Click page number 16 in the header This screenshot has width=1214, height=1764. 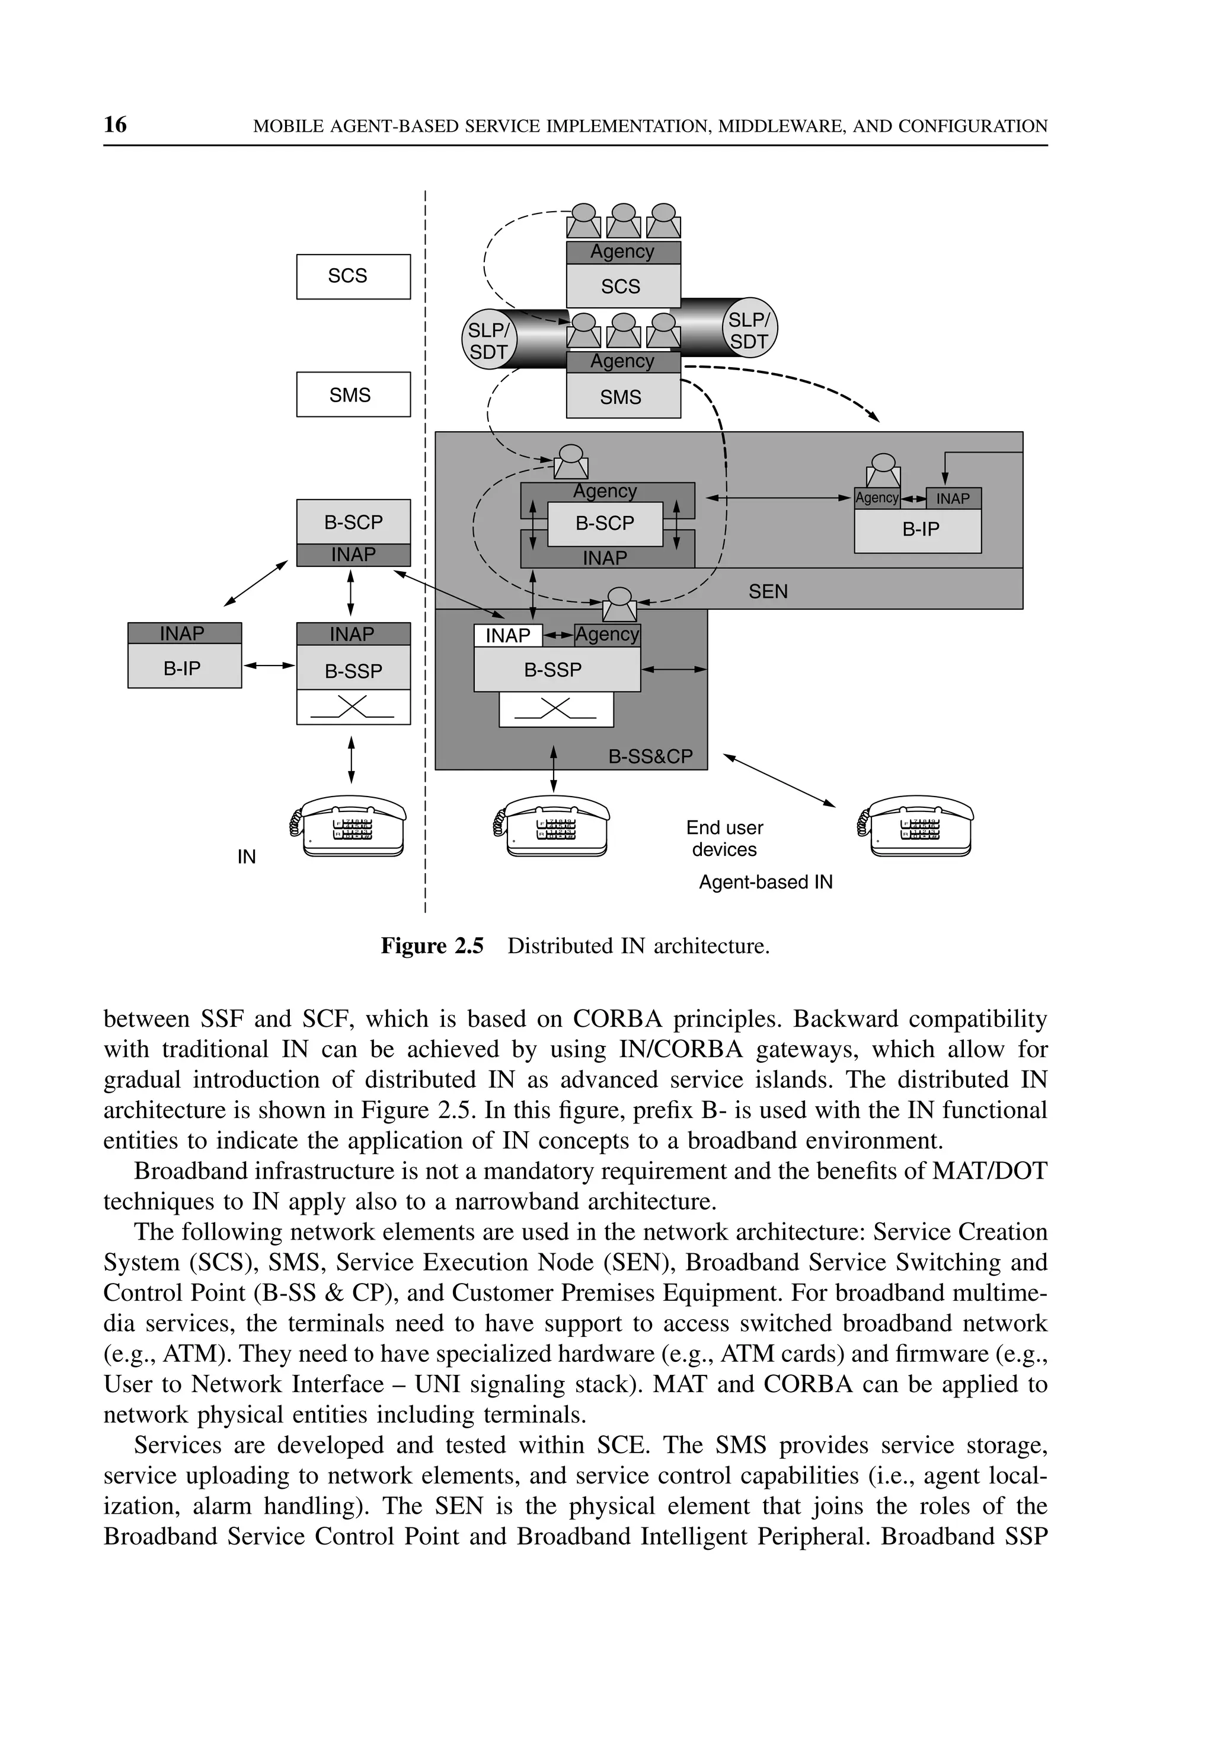(116, 125)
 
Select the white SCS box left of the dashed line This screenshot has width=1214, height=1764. (353, 276)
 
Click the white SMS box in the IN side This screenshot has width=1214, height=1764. (353, 394)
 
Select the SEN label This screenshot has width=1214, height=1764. (768, 591)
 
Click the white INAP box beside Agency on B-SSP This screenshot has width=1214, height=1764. (507, 635)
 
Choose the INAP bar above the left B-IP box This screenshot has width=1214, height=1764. (184, 633)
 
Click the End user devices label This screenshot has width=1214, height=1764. (724, 838)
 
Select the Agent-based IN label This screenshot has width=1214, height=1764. (765, 882)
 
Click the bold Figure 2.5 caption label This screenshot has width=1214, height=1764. (432, 946)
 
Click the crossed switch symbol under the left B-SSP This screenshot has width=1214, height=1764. (352, 707)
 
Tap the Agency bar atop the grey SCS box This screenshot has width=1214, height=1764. (623, 252)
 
